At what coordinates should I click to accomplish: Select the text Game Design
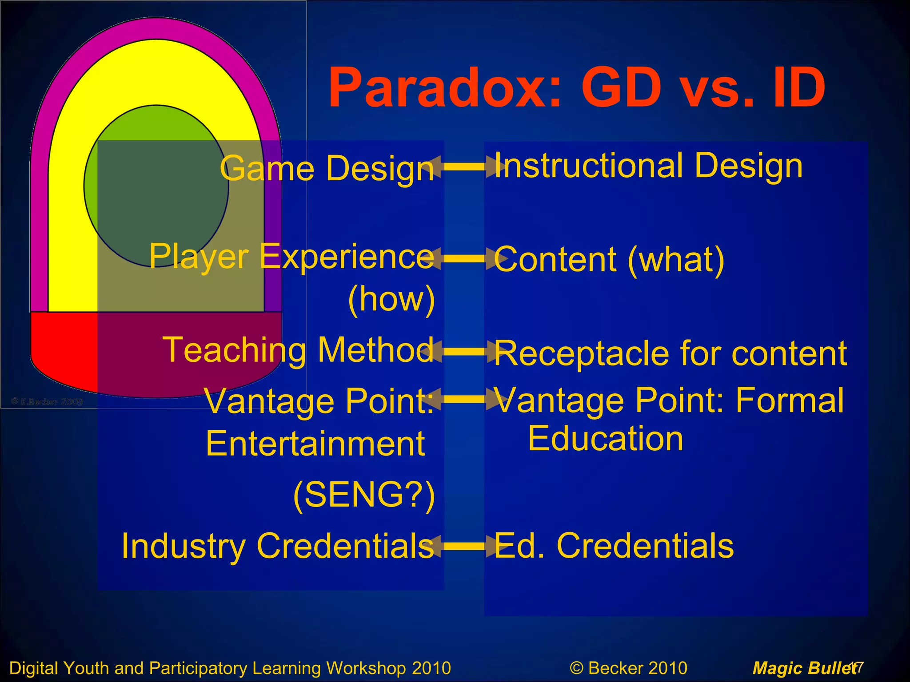pos(327,168)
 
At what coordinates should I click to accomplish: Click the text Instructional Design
pos(648,166)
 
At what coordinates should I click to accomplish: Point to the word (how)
pos(391,299)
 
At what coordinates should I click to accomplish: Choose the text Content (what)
pos(609,259)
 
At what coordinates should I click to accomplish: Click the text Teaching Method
pos(298,350)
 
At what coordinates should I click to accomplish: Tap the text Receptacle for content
pos(670,353)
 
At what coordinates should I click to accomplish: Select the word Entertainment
pos(315,444)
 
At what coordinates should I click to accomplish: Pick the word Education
pos(605,439)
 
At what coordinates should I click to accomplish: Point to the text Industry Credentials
pos(278,546)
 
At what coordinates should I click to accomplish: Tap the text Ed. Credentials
pos(614,546)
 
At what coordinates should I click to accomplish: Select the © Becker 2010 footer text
pos(628,668)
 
